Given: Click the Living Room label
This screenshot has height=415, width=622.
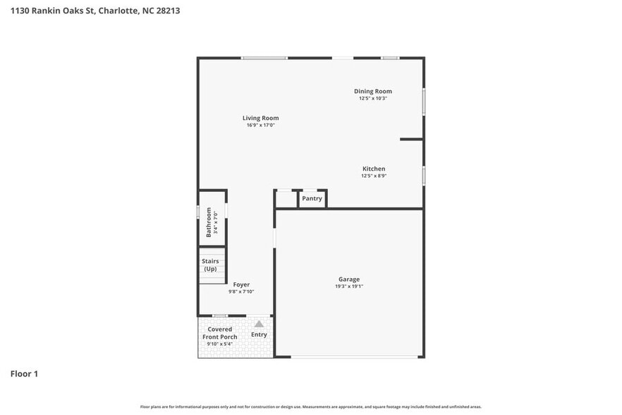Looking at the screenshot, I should [260, 118].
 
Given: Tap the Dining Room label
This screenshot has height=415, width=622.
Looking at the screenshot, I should [372, 91].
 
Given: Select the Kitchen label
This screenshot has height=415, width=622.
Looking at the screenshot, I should [373, 169].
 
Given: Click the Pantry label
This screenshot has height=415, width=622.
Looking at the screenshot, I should [312, 198].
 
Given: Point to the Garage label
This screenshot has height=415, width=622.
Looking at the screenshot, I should [348, 279].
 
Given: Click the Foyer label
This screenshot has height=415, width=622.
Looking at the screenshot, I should [240, 284].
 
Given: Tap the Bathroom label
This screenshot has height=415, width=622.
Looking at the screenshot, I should [209, 222].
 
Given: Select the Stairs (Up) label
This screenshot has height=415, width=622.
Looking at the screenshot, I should [210, 265].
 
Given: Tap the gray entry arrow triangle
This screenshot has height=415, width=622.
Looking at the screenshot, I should [259, 324].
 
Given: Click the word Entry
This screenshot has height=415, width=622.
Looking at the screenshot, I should [259, 335].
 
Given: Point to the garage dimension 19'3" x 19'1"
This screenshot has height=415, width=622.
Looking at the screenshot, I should [350, 287].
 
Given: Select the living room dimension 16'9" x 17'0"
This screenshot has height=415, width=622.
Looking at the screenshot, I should [260, 125].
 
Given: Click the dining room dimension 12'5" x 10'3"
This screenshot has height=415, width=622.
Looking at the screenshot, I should [372, 98].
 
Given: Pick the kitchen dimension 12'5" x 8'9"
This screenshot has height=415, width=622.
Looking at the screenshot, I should [373, 176].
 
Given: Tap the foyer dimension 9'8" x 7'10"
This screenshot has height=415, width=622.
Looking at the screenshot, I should [240, 291].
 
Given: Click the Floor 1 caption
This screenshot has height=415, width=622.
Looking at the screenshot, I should [24, 373].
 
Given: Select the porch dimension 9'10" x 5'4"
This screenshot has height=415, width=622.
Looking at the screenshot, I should [220, 344].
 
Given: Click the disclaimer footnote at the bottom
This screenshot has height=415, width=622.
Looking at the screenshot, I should [311, 407].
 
